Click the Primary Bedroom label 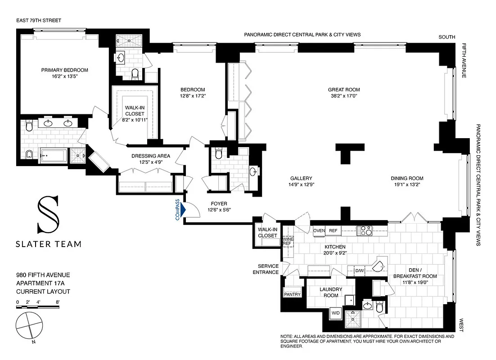pyautogui.click(x=64, y=70)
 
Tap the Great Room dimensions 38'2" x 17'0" pyautogui.click(x=344, y=96)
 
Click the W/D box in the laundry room pyautogui.click(x=336, y=312)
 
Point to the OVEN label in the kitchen pyautogui.click(x=319, y=231)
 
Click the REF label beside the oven pyautogui.click(x=333, y=231)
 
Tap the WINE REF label pyautogui.click(x=287, y=241)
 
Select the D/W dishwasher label pyautogui.click(x=359, y=270)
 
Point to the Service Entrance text pyautogui.click(x=265, y=269)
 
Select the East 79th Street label pyautogui.click(x=38, y=21)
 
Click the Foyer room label pyautogui.click(x=219, y=203)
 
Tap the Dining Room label pyautogui.click(x=407, y=178)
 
